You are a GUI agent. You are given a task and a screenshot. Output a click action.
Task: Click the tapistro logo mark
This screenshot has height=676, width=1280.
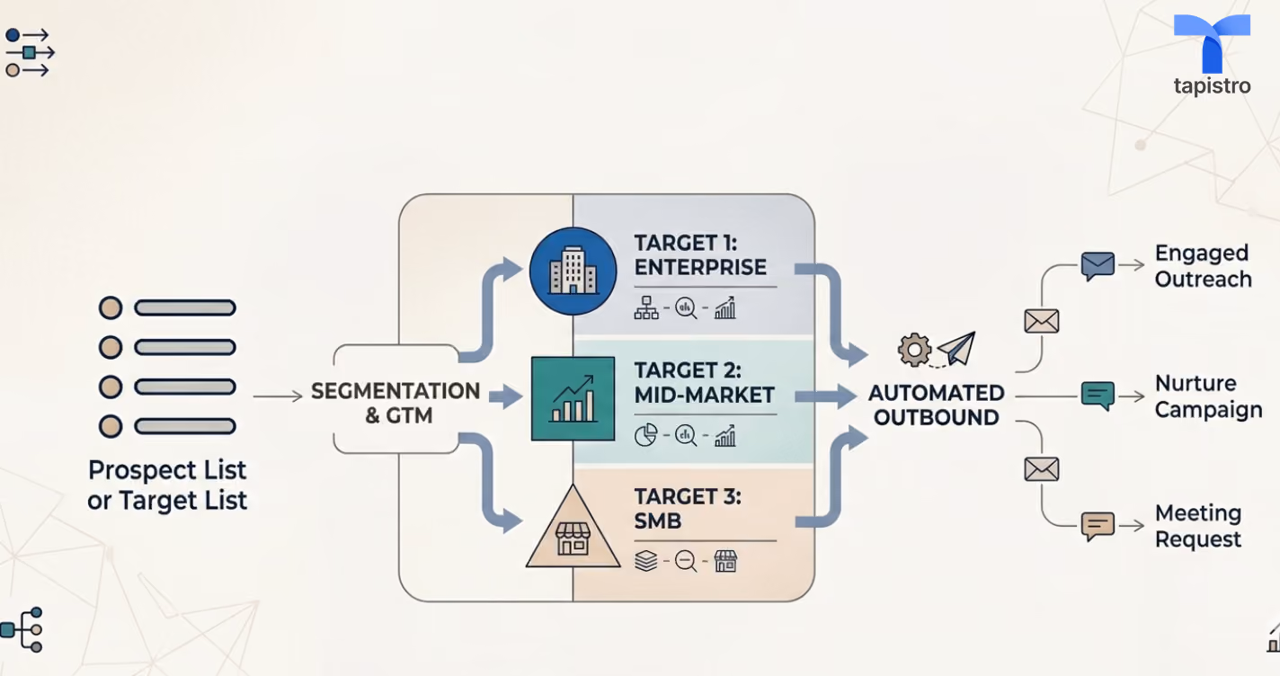tap(1212, 43)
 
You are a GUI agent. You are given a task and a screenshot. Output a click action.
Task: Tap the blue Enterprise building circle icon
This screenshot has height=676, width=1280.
tap(573, 271)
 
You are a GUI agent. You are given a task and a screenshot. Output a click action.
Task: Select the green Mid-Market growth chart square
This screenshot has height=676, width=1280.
tap(573, 398)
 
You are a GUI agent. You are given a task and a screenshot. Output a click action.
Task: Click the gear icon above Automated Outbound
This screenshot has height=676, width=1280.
tap(914, 349)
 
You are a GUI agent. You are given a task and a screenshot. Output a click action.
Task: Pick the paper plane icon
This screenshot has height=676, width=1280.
tap(957, 347)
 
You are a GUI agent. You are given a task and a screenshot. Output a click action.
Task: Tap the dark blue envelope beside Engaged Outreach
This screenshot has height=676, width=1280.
tap(1098, 266)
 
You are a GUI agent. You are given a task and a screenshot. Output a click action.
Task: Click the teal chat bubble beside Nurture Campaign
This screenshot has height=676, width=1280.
tap(1098, 396)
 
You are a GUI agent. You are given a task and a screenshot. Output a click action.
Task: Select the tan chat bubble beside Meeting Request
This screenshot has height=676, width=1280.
tap(1098, 526)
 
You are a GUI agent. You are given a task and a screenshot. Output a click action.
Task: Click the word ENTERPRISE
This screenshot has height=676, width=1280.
tap(700, 267)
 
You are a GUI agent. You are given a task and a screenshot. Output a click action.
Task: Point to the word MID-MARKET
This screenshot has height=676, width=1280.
tap(704, 395)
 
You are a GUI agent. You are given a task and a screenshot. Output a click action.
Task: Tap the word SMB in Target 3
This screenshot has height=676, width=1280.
tap(658, 521)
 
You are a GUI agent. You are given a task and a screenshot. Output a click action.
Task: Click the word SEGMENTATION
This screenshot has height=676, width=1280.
tap(396, 391)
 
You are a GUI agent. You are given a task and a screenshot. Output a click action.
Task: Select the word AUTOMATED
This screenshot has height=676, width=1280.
tap(936, 393)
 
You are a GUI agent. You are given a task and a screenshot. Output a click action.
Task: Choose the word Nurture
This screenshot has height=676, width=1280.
tap(1196, 383)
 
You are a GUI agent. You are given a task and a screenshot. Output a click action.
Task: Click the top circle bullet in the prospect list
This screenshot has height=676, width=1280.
tap(111, 307)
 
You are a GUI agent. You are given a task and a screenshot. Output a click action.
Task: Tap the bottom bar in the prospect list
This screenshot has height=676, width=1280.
tap(185, 426)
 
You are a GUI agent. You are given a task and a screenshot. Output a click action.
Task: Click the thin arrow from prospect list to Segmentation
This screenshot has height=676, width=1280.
tap(278, 396)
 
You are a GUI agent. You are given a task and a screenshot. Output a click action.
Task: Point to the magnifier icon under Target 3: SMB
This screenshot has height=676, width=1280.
tap(686, 561)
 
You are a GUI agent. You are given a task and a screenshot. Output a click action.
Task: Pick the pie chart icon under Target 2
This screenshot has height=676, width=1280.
tap(645, 435)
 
